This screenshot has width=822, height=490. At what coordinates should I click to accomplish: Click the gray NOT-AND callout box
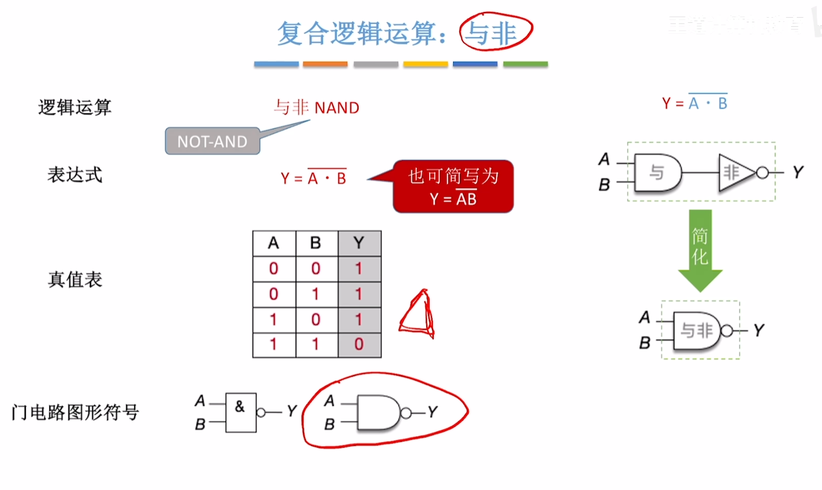point(213,141)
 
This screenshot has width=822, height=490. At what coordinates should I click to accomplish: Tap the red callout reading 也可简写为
point(453,187)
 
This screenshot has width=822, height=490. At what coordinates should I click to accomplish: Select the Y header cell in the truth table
point(359,243)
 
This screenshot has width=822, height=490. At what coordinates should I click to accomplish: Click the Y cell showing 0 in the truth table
point(359,344)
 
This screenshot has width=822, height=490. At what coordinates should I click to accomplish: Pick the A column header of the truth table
point(274,243)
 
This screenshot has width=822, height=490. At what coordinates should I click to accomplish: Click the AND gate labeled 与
point(658,172)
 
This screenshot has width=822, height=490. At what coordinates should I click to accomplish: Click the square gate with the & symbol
point(241,412)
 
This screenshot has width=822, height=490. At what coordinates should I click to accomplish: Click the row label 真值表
point(75,279)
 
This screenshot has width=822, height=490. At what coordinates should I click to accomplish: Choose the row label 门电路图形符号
point(75,412)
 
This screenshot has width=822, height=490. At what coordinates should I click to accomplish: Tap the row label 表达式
point(75,175)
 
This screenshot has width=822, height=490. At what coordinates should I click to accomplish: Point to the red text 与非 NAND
point(316,108)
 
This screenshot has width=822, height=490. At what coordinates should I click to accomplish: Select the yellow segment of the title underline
point(425,64)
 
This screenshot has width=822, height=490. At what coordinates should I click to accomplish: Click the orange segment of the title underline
point(325,64)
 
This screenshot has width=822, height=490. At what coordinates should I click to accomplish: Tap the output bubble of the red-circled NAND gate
point(406,413)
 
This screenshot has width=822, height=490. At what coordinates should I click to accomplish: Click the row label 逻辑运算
point(75,108)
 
